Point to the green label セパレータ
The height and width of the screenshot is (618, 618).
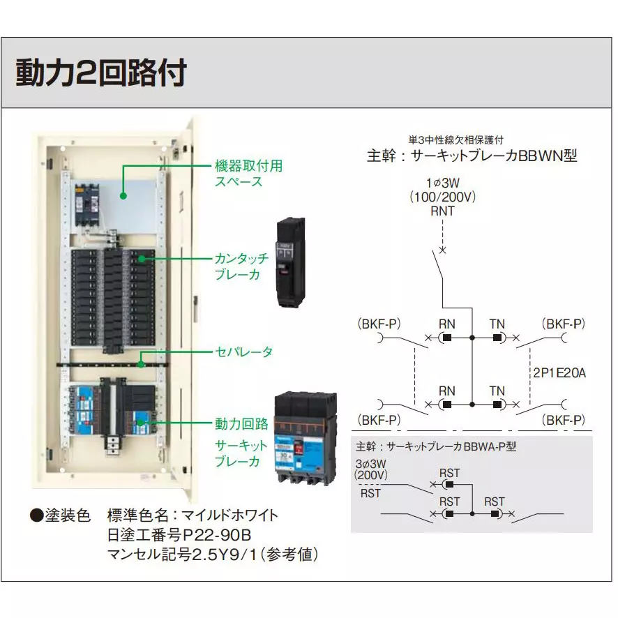tap(243, 351)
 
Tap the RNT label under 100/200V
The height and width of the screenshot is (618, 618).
tap(442, 211)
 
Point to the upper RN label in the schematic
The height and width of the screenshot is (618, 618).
tap(446, 324)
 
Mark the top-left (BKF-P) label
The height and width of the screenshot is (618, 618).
tap(379, 324)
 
